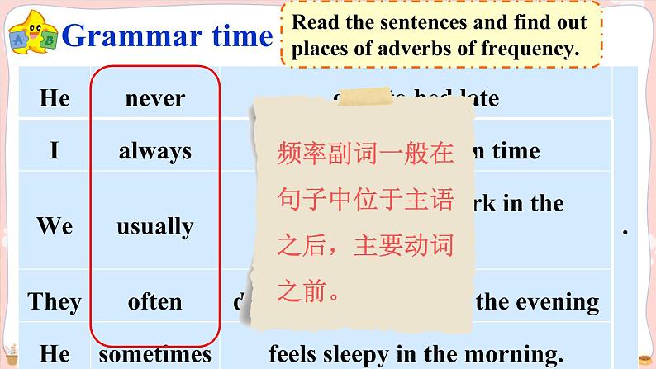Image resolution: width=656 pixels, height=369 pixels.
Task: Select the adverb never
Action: click(x=154, y=99)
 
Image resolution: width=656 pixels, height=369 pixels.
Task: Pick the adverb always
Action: click(x=154, y=151)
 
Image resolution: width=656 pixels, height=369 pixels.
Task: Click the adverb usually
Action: click(x=154, y=226)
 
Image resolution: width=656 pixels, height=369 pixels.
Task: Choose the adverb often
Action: click(x=154, y=301)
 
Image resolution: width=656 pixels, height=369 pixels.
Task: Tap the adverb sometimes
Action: click(x=154, y=354)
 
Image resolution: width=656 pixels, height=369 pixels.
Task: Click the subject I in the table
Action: click(x=55, y=151)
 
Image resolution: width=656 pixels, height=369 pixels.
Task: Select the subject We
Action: click(x=55, y=226)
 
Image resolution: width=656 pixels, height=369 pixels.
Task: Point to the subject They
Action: click(x=55, y=301)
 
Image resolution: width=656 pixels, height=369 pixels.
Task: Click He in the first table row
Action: click(x=55, y=99)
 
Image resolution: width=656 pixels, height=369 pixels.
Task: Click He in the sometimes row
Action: click(x=55, y=354)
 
